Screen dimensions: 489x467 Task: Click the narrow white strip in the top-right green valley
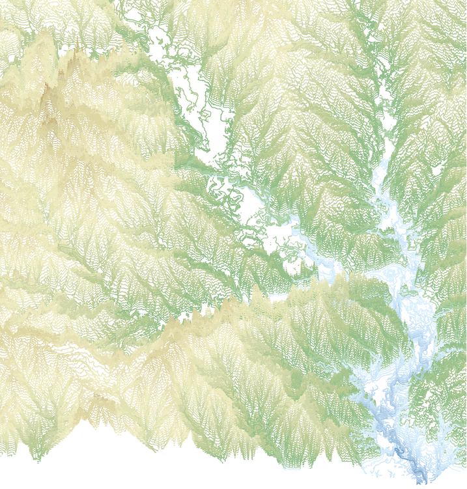click(x=384, y=98)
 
